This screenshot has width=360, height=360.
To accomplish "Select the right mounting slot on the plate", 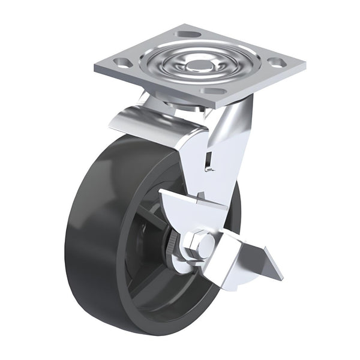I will [x=275, y=61].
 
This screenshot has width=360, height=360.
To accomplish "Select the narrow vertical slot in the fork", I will [x=208, y=160].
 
